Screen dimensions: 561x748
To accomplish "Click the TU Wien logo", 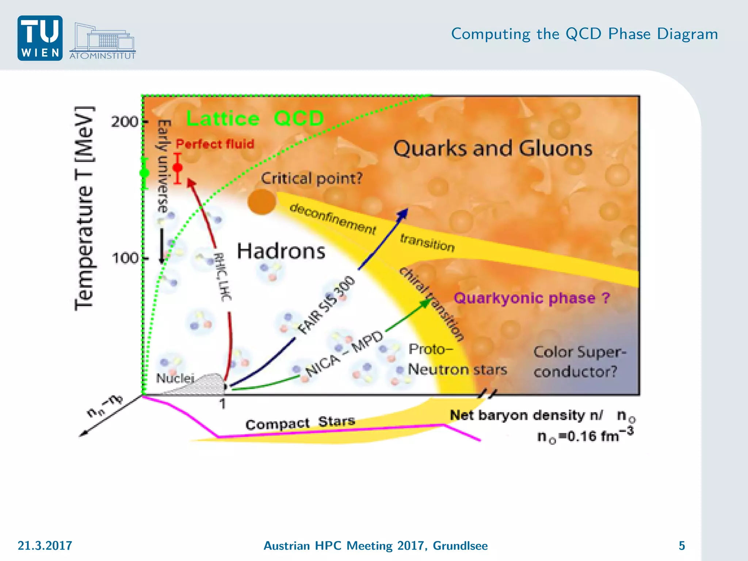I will [40, 38].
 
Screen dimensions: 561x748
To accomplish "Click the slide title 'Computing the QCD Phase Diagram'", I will [584, 34].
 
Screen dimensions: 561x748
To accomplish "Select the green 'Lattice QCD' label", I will [255, 118].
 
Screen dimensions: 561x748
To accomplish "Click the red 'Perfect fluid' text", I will [215, 144].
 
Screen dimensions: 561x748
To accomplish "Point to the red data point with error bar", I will [178, 168].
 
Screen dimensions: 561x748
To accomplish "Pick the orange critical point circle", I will [262, 202].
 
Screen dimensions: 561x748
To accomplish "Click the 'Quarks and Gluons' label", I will [492, 149].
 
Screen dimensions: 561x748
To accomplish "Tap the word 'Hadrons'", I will [281, 251].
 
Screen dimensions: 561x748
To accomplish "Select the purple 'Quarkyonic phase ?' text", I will [531, 298].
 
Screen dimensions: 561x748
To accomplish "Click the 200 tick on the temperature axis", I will [125, 122].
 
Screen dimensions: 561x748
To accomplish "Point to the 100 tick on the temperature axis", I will [125, 259].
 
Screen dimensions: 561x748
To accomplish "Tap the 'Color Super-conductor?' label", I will [579, 362].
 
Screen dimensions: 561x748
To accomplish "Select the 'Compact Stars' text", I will [300, 423].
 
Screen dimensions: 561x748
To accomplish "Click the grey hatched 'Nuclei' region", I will [205, 384].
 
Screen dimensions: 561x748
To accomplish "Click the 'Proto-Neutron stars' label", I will [457, 359].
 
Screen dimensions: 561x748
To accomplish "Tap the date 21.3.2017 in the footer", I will [45, 545].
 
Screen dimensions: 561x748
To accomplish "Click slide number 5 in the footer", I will [682, 545].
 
